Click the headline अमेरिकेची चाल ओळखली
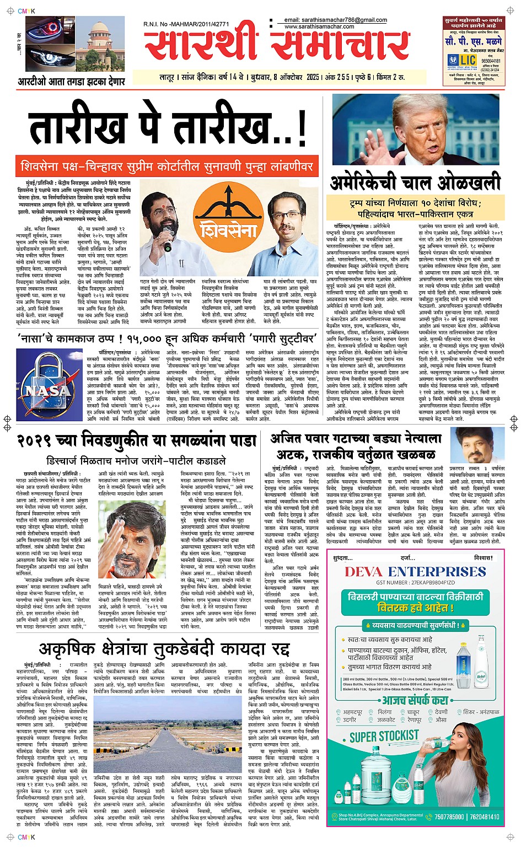coord(416,182)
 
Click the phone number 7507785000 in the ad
coord(449,817)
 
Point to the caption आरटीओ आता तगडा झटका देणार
coord(71,82)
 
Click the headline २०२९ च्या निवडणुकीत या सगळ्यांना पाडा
coord(137,441)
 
